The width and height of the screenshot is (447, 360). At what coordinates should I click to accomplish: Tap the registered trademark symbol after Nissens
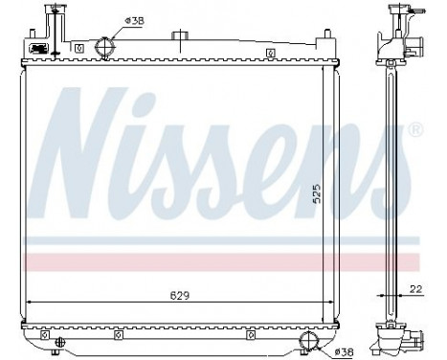(x=413, y=127)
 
